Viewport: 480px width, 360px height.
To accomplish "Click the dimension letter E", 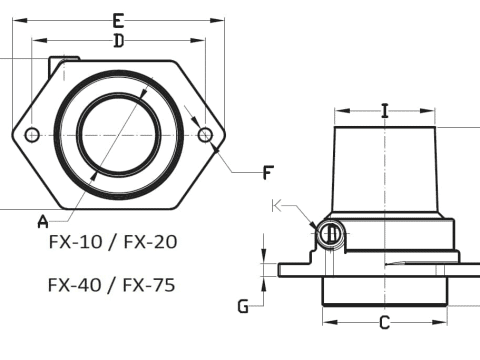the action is [118, 21].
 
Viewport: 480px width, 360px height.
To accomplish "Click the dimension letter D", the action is [119, 41].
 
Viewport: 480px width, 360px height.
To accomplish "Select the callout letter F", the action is [268, 173].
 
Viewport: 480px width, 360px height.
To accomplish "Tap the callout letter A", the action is [43, 222].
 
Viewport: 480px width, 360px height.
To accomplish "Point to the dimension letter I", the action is [385, 111].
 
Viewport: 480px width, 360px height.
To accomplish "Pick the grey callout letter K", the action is [277, 206].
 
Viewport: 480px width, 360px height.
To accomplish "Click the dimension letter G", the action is [243, 306].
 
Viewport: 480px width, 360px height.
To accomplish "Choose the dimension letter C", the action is [385, 323].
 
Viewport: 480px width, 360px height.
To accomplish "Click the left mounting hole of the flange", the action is [32, 135].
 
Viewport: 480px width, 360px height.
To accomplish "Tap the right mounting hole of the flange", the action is [205, 135].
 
